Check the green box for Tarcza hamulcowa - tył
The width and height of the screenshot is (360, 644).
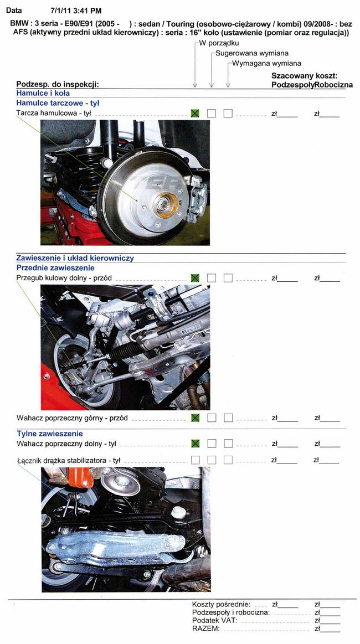pos(195,114)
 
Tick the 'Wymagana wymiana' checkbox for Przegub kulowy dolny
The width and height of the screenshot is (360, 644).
pos(228,278)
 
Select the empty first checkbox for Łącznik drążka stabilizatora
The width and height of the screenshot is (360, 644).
pos(195,460)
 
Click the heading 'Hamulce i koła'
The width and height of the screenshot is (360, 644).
pos(43,93)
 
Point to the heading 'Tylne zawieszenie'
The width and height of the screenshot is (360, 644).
pos(50,434)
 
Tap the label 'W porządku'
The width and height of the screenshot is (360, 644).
pos(219,43)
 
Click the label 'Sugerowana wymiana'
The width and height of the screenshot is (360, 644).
pos(252,53)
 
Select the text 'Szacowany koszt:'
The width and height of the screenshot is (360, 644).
pos(305,76)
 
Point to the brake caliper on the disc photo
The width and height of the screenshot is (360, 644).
pos(197,199)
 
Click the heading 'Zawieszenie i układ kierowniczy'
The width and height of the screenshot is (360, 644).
pos(75,259)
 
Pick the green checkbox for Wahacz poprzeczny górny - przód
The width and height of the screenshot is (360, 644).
pos(195,418)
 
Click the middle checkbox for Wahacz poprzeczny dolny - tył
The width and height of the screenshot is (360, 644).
pos(212,444)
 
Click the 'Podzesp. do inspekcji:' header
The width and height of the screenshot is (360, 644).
pos(58,84)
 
